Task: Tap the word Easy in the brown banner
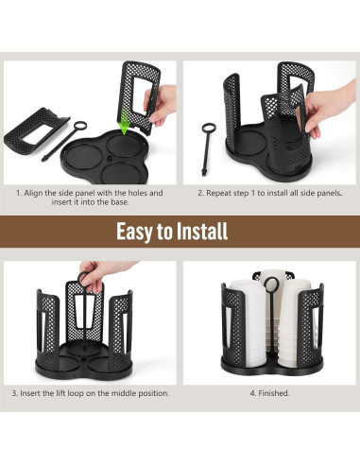tap(136, 232)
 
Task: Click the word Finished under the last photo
tap(275, 392)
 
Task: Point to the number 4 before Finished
tap(251, 392)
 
